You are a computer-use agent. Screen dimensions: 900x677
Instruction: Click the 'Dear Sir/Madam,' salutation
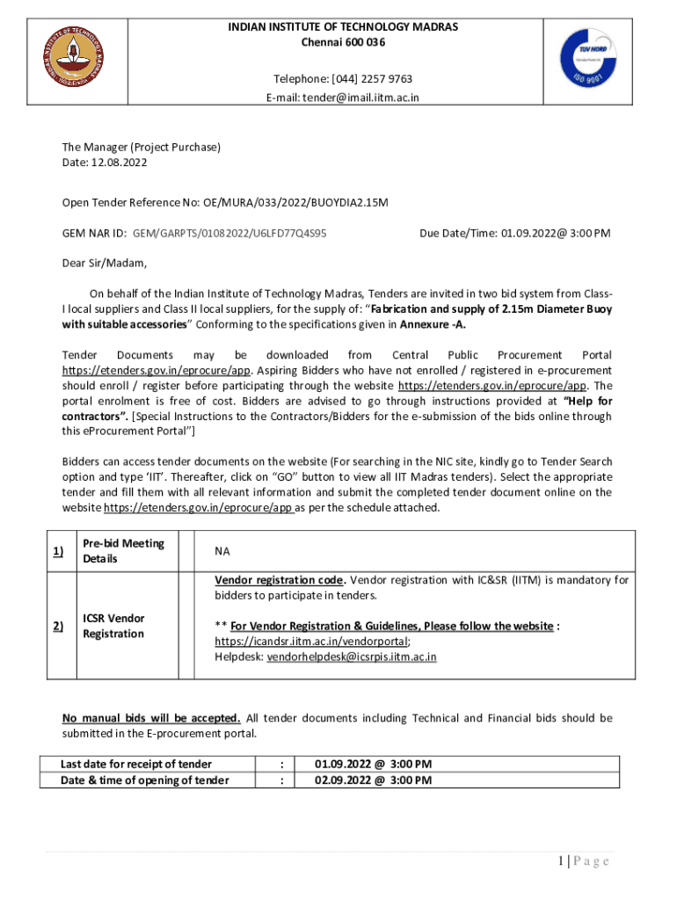coord(105,263)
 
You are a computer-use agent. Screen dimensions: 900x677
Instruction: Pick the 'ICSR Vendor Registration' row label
coord(113,626)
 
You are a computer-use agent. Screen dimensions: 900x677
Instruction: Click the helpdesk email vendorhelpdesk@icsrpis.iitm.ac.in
coord(352,657)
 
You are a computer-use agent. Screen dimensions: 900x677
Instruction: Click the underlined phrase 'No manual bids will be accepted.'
coord(150,718)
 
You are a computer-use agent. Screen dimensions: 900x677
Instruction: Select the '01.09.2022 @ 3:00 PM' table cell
coord(373,764)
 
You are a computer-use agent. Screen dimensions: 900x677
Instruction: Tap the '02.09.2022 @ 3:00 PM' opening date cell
coord(373,780)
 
